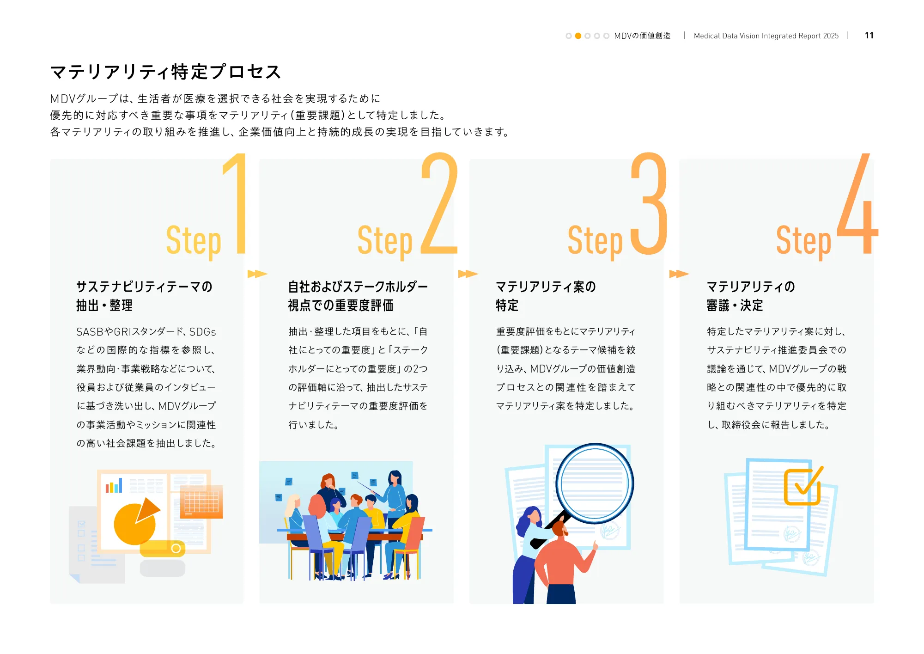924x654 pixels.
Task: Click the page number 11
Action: [x=869, y=36]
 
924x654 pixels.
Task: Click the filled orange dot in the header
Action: [x=578, y=36]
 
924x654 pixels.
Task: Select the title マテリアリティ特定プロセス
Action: [x=165, y=72]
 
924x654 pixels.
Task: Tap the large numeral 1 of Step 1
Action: [x=236, y=203]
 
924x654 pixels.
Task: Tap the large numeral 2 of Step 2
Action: [x=439, y=203]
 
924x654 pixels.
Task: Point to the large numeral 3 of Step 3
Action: [x=649, y=203]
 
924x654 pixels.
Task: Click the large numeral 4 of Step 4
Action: [x=857, y=203]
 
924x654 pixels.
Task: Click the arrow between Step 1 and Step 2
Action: [x=257, y=274]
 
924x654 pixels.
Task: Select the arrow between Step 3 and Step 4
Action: [x=679, y=274]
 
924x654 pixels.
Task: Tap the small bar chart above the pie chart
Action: [x=114, y=485]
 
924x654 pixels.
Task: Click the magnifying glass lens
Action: [x=595, y=483]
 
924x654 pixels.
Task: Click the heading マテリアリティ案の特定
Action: [x=546, y=296]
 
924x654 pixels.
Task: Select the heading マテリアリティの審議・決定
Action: [x=751, y=296]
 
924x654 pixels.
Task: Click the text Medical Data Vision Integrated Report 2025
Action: [x=766, y=36]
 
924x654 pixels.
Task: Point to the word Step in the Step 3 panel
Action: [x=595, y=241]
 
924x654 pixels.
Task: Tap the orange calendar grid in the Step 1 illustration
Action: [x=201, y=501]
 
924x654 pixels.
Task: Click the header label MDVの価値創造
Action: [x=642, y=36]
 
